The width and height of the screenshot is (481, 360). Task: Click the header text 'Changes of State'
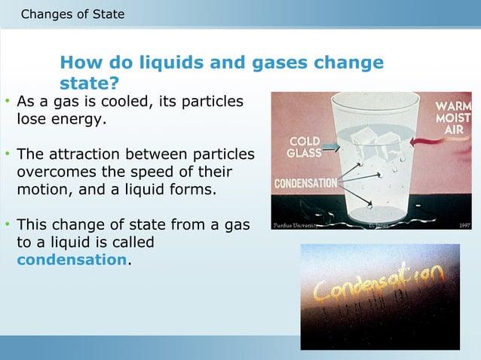[x=73, y=14]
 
